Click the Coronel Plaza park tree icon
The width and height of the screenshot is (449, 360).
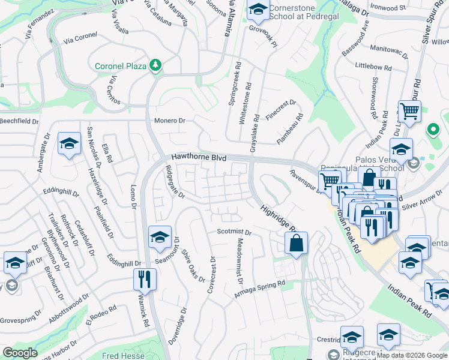156,65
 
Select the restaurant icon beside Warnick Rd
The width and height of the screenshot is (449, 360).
144,278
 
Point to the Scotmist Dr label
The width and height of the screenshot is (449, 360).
234,232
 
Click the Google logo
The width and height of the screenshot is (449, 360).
19,353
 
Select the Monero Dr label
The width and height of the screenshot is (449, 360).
170,121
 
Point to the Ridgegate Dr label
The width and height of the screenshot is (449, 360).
173,182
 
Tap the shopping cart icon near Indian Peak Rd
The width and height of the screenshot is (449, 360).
409,111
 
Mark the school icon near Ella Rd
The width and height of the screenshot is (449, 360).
69,143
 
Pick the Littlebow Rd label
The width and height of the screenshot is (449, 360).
373,65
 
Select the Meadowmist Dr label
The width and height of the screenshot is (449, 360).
240,259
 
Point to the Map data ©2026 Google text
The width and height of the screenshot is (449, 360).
412,355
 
